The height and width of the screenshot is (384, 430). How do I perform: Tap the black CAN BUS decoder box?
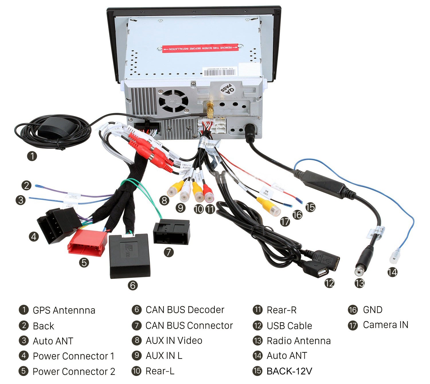[x=130, y=255]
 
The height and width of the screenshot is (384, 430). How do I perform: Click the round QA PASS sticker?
[x=227, y=89]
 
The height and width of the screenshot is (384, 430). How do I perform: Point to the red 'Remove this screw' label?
[x=200, y=48]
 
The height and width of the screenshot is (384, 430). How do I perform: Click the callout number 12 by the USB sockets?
[x=329, y=283]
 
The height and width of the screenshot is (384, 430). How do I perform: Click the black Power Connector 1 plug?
[x=57, y=225]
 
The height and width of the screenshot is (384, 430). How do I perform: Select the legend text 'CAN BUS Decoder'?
[x=185, y=310]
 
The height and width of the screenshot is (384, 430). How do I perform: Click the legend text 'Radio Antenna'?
[x=299, y=341]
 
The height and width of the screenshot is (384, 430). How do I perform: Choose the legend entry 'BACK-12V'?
[x=289, y=371]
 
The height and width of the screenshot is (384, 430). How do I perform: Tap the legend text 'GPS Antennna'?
[x=64, y=310]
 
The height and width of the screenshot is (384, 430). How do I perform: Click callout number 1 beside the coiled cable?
[x=32, y=156]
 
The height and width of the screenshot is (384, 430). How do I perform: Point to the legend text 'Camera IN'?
[x=385, y=325]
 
